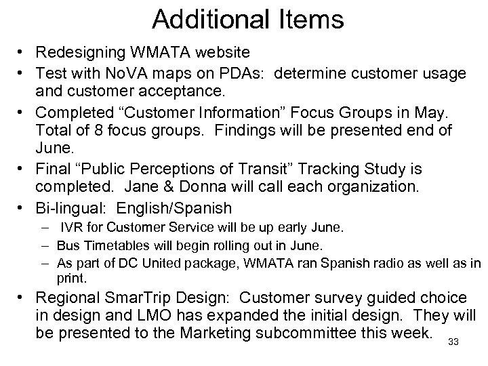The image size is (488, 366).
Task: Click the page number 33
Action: (453, 342)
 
